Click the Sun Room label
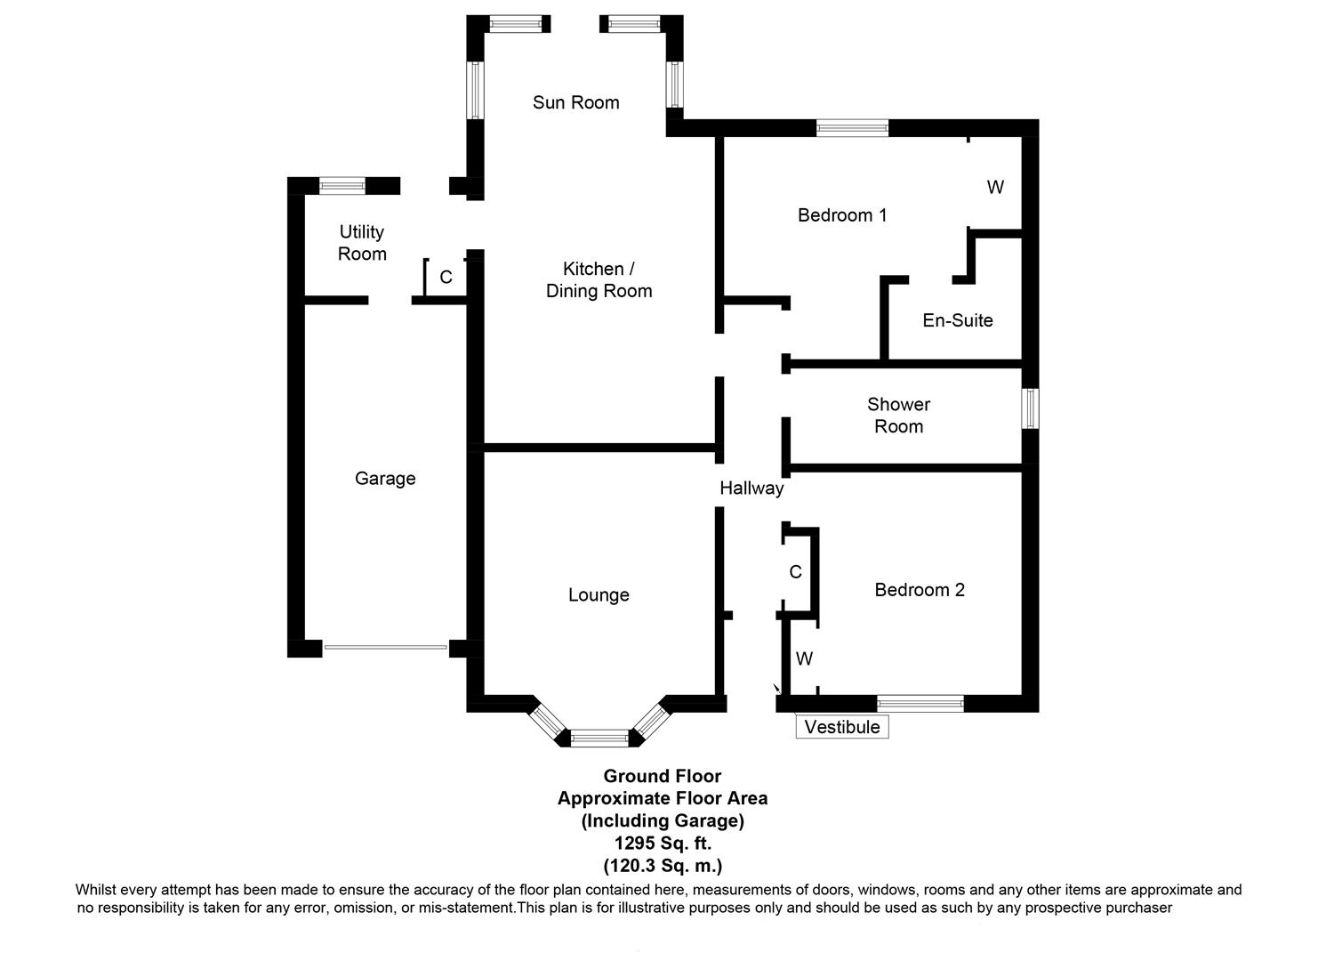coord(575,102)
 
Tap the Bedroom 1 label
coord(841,215)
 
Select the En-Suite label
coord(957,320)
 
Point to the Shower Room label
coord(898,416)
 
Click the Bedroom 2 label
coord(919,590)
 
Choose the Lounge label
coord(599,595)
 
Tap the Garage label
coord(385,479)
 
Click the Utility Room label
coord(362,243)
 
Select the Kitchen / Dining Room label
coord(599,279)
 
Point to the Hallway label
coord(751,488)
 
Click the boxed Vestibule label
coord(841,727)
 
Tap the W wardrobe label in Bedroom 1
coord(995,188)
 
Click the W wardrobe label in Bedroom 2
coord(804,659)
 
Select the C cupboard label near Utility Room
coord(446,278)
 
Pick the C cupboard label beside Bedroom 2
coord(795,572)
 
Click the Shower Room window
coord(1030,408)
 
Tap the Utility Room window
coord(342,186)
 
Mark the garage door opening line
coord(385,648)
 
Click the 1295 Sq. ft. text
coord(663,844)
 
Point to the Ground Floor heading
coord(663,776)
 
